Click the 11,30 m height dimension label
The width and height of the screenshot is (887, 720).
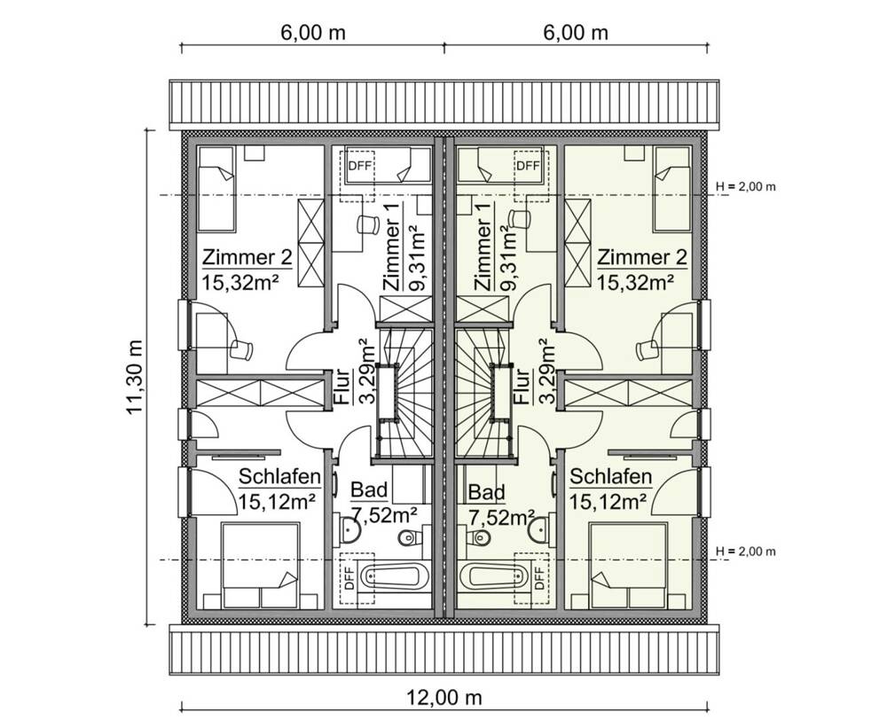pyautogui.click(x=135, y=377)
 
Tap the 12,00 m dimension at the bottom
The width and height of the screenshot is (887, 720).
pyautogui.click(x=444, y=698)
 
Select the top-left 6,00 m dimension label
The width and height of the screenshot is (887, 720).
pyautogui.click(x=313, y=33)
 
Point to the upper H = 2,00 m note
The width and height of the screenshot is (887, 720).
pyautogui.click(x=746, y=186)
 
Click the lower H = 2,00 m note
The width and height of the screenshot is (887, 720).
pyautogui.click(x=746, y=552)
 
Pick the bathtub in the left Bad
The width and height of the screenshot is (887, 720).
pyautogui.click(x=393, y=577)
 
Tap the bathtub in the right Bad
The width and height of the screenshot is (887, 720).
pyautogui.click(x=494, y=577)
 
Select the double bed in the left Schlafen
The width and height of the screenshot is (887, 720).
pyautogui.click(x=261, y=566)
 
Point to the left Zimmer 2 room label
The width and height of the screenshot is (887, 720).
pyautogui.click(x=247, y=258)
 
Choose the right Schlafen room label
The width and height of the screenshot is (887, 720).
pyautogui.click(x=610, y=477)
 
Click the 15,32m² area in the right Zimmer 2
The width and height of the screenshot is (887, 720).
pyautogui.click(x=636, y=281)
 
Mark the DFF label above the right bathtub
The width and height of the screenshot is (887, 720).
pyautogui.click(x=540, y=578)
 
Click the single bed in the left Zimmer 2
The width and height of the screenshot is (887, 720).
pyautogui.click(x=216, y=190)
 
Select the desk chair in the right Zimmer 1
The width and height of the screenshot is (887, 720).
pyautogui.click(x=519, y=218)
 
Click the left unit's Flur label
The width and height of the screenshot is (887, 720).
pyautogui.click(x=341, y=387)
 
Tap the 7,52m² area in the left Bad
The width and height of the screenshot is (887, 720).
pyautogui.click(x=384, y=514)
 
